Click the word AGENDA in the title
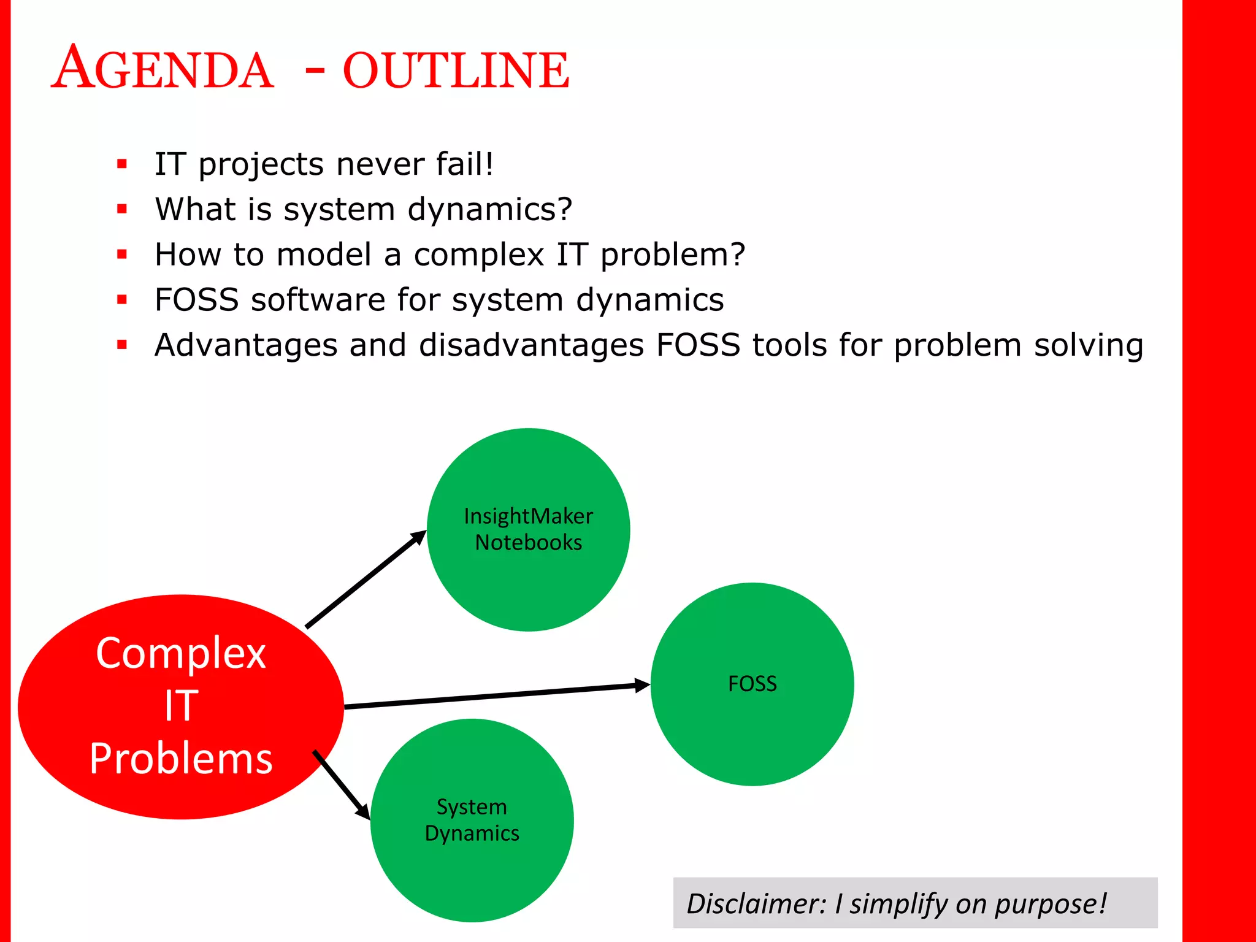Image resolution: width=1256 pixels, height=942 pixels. click(x=163, y=69)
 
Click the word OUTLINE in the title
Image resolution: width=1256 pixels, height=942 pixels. click(x=456, y=71)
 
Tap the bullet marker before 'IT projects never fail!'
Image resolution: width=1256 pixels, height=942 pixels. click(x=122, y=164)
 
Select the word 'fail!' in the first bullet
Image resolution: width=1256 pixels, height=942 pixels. click(x=464, y=164)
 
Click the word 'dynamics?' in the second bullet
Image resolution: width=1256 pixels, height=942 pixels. click(x=489, y=210)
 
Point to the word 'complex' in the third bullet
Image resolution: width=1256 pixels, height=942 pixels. click(x=478, y=255)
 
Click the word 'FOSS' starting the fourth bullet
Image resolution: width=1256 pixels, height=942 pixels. click(x=196, y=300)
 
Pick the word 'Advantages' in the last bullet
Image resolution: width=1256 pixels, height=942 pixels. click(x=246, y=345)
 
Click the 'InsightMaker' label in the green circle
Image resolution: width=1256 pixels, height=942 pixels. click(x=528, y=516)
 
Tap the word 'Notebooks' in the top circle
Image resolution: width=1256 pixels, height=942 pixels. click(x=528, y=543)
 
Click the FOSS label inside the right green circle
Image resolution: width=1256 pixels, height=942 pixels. click(x=752, y=684)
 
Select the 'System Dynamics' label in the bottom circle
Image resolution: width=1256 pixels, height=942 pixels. click(x=472, y=820)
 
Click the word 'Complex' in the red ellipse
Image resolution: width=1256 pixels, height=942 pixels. click(x=181, y=653)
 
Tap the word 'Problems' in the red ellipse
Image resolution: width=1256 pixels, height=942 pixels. click(x=181, y=759)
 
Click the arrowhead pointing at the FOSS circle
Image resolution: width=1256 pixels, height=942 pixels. click(x=641, y=685)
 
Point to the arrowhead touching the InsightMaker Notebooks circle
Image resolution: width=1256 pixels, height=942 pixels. click(x=418, y=538)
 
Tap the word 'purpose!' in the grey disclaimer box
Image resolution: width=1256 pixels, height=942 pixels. click(x=1051, y=903)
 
